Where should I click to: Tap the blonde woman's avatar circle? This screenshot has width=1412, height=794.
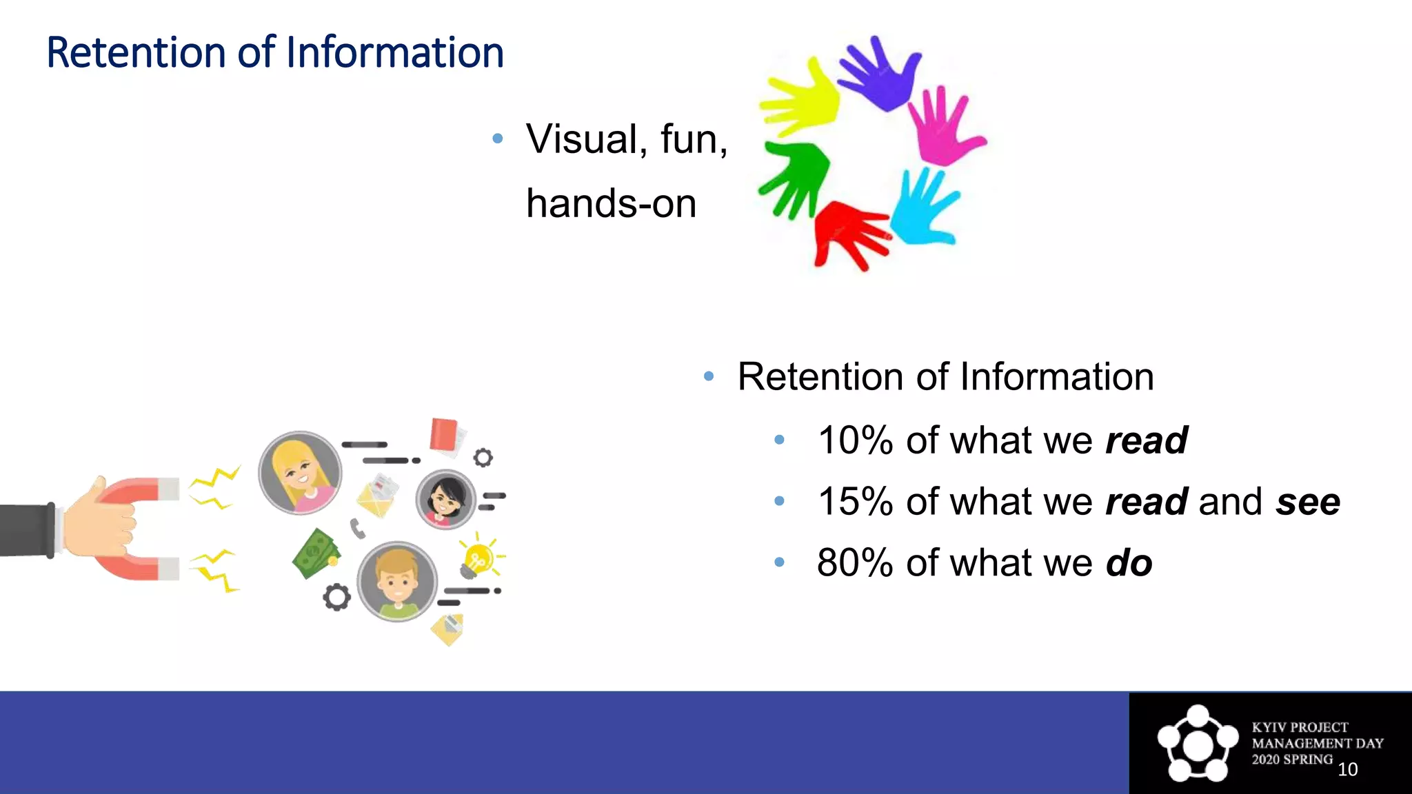(x=300, y=473)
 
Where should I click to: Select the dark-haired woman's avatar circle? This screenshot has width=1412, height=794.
(x=445, y=500)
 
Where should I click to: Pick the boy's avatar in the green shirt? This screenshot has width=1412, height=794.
(x=396, y=581)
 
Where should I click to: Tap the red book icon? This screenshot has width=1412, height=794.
(x=444, y=435)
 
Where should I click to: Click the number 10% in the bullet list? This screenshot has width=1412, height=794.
(x=855, y=440)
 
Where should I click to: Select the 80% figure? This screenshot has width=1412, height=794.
(x=855, y=562)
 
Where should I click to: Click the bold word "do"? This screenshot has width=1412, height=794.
(x=1129, y=563)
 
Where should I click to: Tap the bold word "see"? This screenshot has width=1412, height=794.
(x=1307, y=502)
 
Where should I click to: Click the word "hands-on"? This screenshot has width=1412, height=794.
(x=611, y=204)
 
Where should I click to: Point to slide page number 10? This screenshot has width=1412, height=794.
(x=1347, y=769)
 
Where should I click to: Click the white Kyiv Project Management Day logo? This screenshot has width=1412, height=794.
(x=1198, y=743)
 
